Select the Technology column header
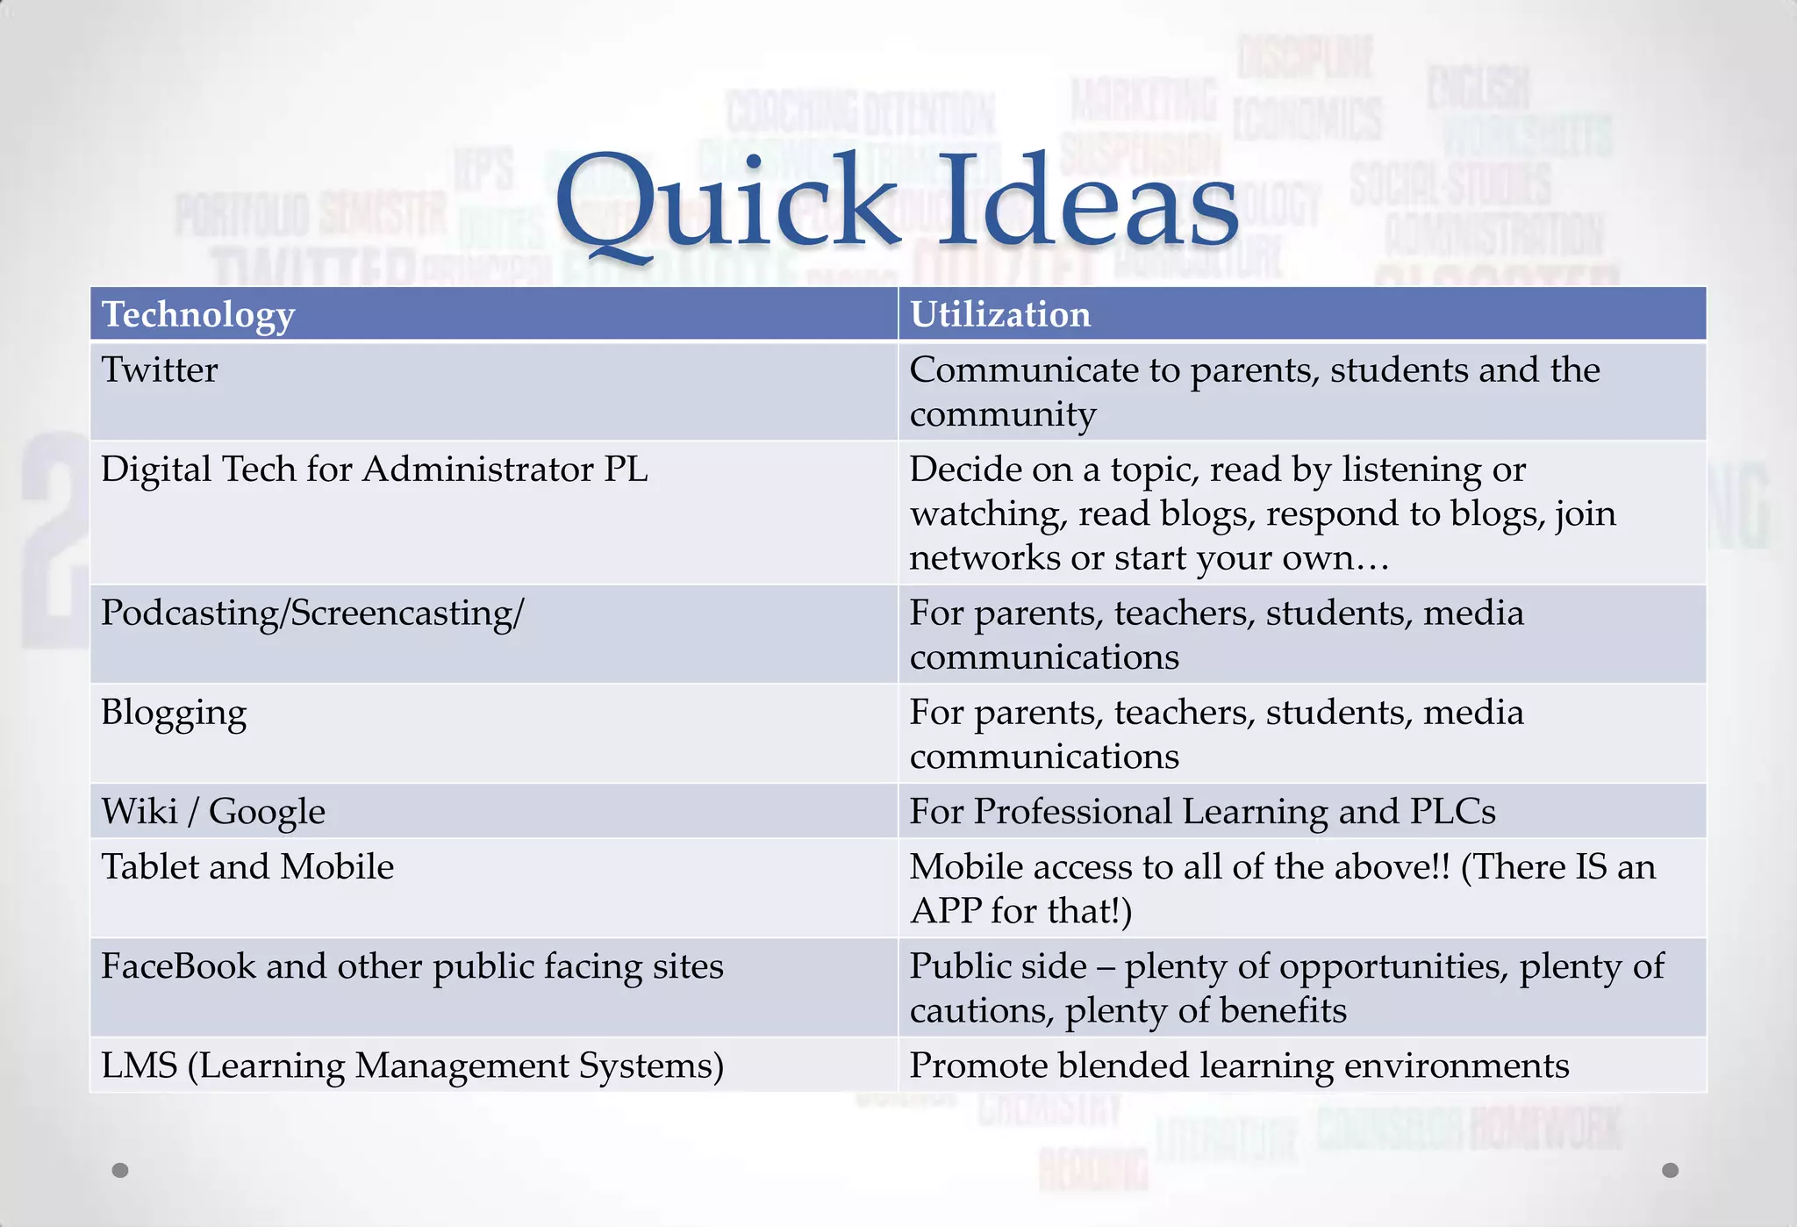tap(198, 314)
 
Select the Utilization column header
tap(1000, 314)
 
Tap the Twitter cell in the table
tap(160, 370)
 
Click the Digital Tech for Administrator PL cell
tap(375, 470)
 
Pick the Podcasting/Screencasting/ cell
tap(312, 613)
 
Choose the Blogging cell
tap(174, 713)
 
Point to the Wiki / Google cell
tap(213, 812)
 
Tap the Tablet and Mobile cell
tap(247, 867)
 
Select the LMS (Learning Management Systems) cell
tap(412, 1066)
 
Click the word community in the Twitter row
tap(1003, 415)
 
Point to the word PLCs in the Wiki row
tap(1452, 812)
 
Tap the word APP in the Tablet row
tap(946, 911)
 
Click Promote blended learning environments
tap(1239, 1066)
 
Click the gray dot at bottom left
tap(121, 1170)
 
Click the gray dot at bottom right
tap(1671, 1170)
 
